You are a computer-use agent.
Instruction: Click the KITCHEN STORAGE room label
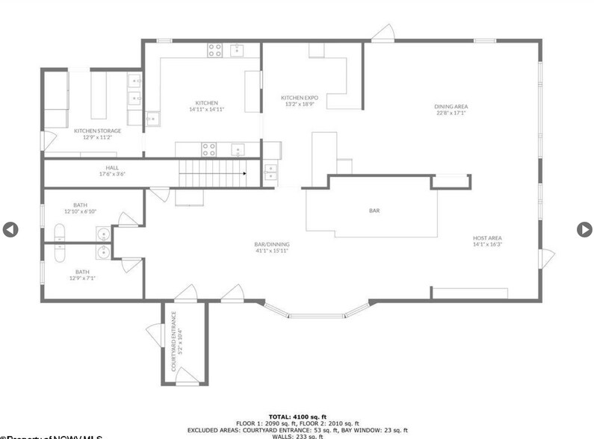coord(97,134)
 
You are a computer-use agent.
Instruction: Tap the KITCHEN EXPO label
coord(300,101)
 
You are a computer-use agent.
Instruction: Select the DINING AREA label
coord(451,110)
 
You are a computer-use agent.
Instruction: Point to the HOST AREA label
coord(487,240)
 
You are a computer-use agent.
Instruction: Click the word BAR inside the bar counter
coord(374,211)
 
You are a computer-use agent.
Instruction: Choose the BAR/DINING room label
coord(271,247)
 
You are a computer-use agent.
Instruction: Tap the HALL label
coord(112,170)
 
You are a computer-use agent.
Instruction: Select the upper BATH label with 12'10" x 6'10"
coord(80,208)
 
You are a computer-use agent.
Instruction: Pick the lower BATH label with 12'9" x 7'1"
coord(81,275)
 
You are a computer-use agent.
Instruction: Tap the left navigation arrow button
coord(10,230)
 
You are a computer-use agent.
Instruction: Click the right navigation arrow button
coord(584,230)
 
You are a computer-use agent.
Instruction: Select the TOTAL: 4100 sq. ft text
coord(297,417)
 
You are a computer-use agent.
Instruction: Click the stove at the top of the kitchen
coord(215,51)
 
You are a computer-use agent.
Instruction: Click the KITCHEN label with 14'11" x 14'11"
coord(207,106)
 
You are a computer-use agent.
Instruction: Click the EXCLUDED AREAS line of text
coord(297,430)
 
